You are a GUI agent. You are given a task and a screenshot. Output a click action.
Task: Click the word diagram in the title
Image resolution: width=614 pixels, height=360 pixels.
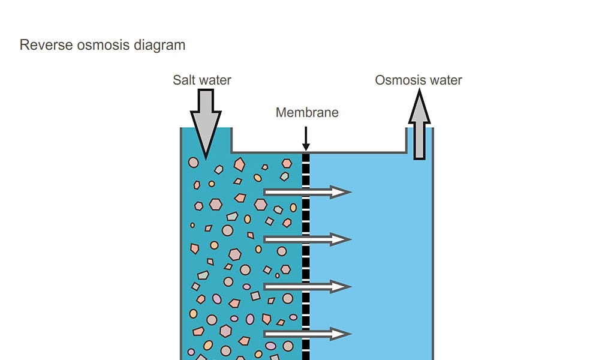159,45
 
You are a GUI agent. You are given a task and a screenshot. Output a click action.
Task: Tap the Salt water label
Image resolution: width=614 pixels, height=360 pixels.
202,80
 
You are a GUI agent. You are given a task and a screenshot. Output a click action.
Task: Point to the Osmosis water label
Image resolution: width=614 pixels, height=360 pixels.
419,80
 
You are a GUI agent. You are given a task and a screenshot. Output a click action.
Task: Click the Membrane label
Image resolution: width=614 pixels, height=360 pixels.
307,112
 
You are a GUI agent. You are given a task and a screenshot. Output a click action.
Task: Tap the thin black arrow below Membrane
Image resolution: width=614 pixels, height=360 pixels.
306,138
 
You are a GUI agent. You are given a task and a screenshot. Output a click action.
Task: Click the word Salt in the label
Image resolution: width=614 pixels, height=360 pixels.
184,80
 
